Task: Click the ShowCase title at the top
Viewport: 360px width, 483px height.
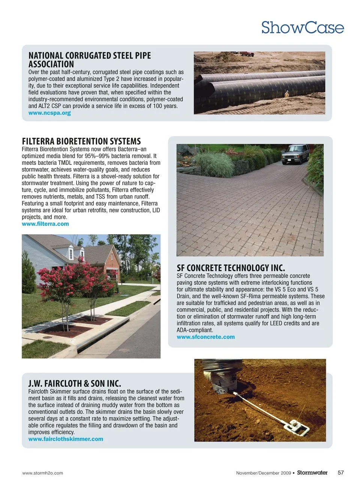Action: point(302,28)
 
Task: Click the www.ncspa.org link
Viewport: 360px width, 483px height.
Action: point(49,113)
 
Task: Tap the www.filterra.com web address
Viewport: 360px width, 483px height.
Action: point(45,224)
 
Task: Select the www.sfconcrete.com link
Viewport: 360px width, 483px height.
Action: point(205,337)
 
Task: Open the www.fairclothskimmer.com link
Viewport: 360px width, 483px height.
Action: point(66,439)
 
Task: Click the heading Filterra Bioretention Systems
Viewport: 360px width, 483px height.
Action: point(81,141)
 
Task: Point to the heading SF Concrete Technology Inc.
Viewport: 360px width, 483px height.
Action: point(231,268)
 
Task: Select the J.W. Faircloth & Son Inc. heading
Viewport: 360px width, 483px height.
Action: point(75,383)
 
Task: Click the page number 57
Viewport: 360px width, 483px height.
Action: point(340,473)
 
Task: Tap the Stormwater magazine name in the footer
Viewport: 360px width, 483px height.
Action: point(312,473)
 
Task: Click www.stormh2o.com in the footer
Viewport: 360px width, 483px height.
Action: point(43,473)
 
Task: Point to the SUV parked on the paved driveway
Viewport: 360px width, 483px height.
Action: point(295,154)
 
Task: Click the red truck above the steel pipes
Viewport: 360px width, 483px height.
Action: point(247,54)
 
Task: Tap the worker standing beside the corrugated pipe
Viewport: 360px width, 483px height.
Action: point(287,94)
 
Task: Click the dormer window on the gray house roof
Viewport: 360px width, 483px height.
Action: point(71,253)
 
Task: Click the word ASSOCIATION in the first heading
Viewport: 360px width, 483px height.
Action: point(51,64)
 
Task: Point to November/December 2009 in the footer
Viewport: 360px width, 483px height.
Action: point(263,473)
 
